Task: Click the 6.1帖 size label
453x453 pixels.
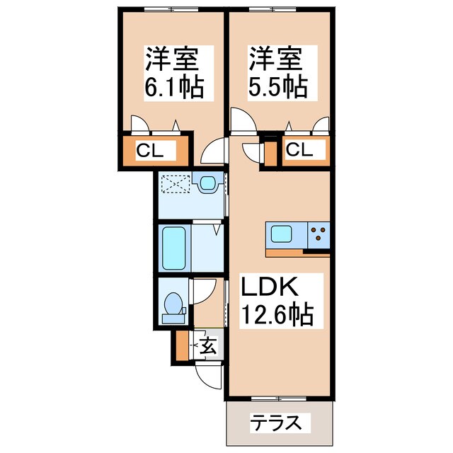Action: click(x=174, y=87)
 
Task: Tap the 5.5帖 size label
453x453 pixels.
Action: click(x=277, y=87)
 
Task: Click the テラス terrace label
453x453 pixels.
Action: click(x=280, y=424)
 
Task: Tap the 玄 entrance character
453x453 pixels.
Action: click(x=208, y=347)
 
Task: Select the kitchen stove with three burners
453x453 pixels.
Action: click(x=319, y=234)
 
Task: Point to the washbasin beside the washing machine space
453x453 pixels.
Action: click(x=208, y=185)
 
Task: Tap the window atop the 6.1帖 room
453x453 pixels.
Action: click(x=170, y=10)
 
